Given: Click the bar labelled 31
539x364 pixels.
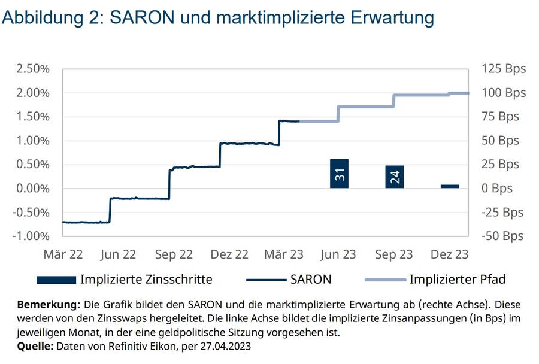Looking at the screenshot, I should tap(339, 174).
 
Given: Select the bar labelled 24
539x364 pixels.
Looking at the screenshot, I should tap(395, 177).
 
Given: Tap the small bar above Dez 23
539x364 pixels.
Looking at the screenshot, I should tap(450, 186).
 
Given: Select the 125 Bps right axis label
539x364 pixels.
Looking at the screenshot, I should tap(504, 69).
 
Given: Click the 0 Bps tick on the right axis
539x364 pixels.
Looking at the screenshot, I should tap(497, 189).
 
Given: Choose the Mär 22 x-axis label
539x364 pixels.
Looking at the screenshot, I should tap(63, 254).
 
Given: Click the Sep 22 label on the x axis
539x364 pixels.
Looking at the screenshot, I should tap(174, 254).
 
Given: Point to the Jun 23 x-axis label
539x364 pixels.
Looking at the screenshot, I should tap(338, 254).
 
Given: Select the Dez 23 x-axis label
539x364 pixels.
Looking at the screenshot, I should tap(449, 254).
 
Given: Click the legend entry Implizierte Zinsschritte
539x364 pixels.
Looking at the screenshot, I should tap(146, 279).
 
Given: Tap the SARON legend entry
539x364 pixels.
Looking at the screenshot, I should tap(311, 279).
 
